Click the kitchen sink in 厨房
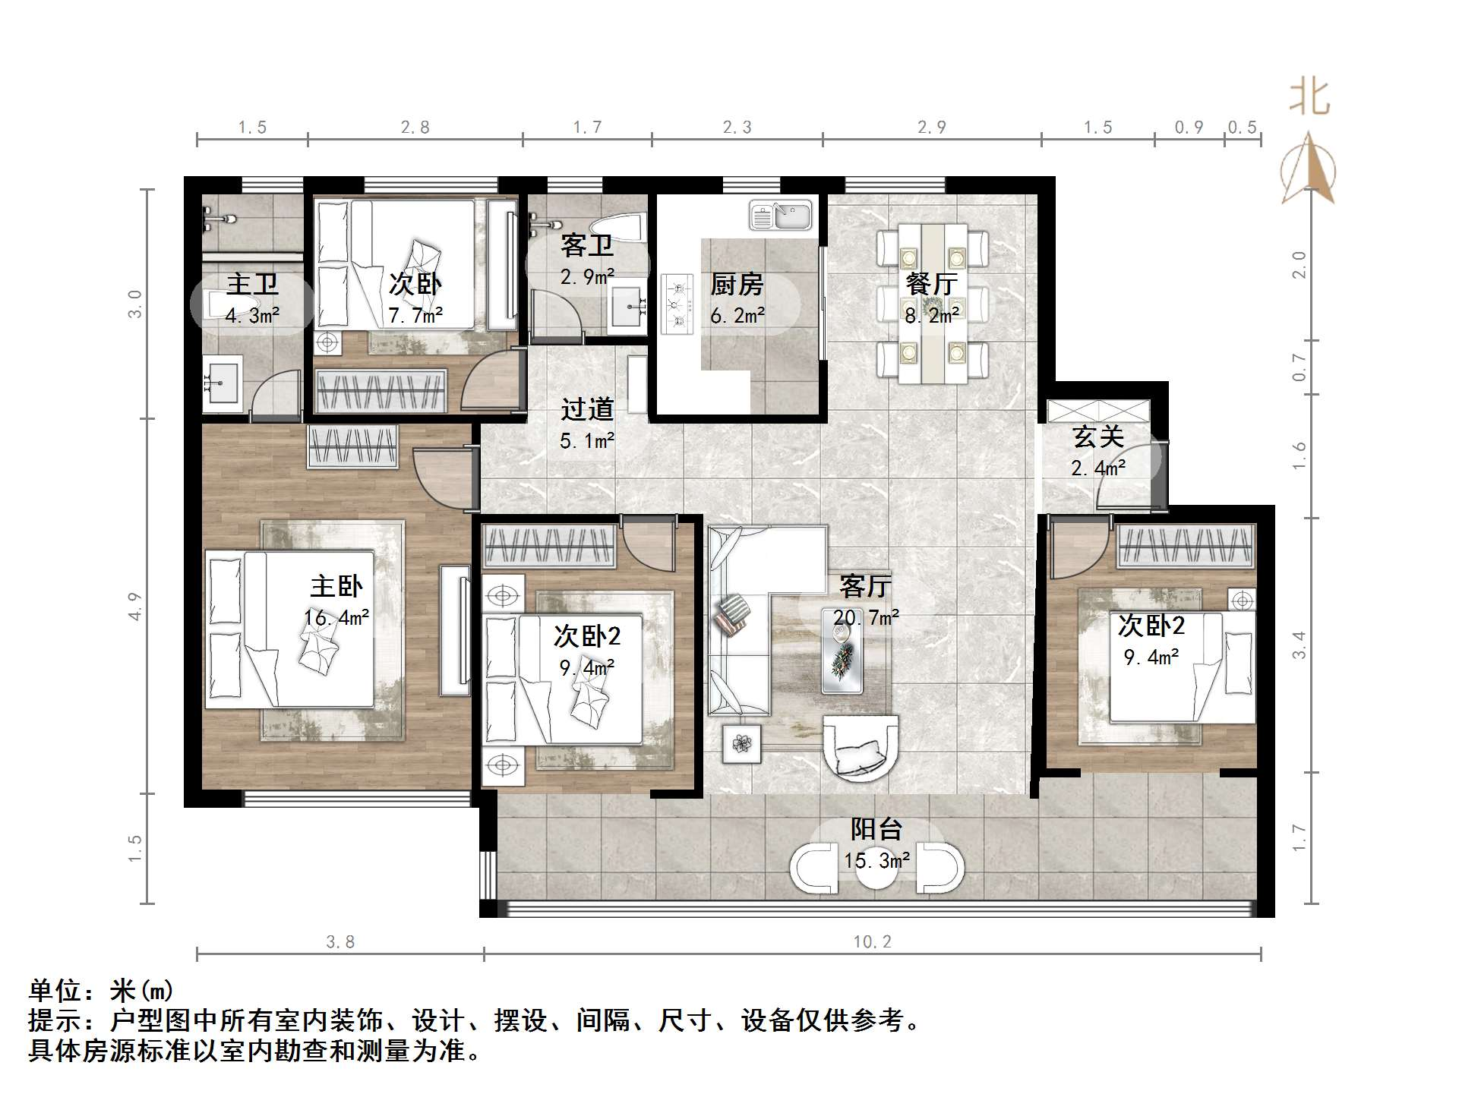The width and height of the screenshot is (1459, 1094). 781,215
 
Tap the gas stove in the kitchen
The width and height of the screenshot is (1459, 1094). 677,304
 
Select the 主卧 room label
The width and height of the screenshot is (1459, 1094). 336,586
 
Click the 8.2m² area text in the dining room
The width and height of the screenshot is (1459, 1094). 932,314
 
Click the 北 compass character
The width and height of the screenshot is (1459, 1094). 1309,98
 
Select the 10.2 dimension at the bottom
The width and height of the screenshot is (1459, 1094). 872,942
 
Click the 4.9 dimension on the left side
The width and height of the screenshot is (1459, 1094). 135,607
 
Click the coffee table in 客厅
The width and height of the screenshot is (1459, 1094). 842,651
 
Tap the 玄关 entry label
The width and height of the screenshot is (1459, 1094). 1098,437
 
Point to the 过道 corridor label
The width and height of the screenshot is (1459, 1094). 587,409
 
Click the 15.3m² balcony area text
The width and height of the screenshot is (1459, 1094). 877,860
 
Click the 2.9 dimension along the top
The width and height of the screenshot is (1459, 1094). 932,128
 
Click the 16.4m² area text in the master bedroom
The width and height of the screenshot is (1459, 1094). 336,618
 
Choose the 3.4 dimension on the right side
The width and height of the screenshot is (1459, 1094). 1300,645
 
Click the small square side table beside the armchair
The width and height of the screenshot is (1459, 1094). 741,742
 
